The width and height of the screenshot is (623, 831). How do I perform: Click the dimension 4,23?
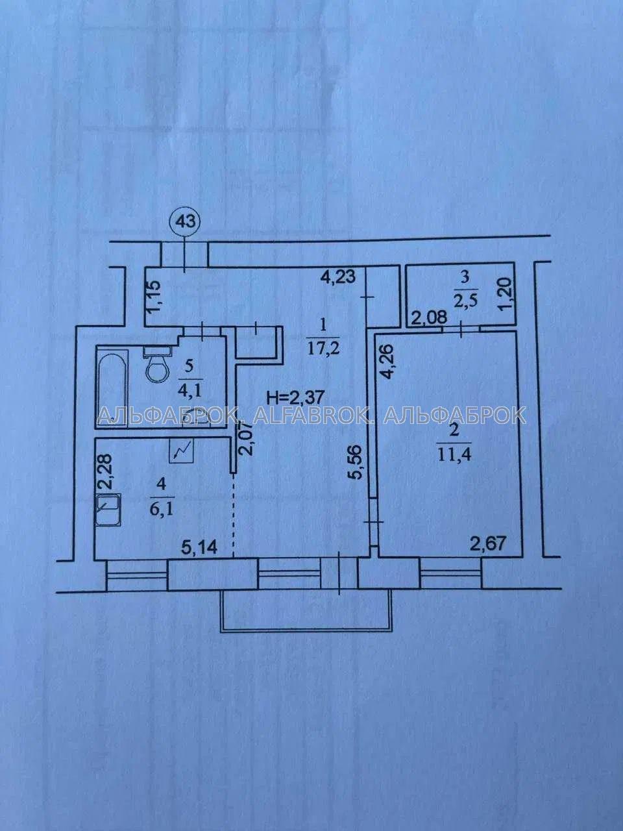tap(338, 277)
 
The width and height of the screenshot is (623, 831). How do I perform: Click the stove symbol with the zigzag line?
tap(182, 451)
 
